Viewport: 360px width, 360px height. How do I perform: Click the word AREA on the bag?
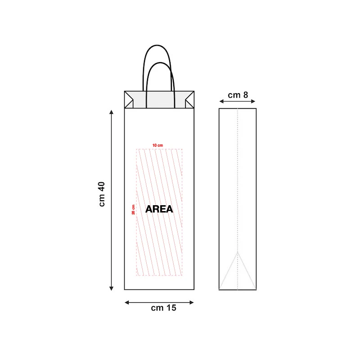[159, 209]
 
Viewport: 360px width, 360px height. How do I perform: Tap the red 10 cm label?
[157, 145]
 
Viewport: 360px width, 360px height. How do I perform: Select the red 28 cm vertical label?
[133, 210]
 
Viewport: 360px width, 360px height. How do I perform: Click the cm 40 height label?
[102, 194]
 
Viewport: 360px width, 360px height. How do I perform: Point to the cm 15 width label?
[163, 308]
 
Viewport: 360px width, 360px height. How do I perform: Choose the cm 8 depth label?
[238, 95]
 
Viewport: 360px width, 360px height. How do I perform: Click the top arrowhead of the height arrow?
[111, 112]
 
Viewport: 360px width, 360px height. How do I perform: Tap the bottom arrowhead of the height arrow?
[111, 288]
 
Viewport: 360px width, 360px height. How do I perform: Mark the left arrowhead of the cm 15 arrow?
[127, 302]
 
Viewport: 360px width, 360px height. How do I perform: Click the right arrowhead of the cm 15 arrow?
[192, 302]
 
